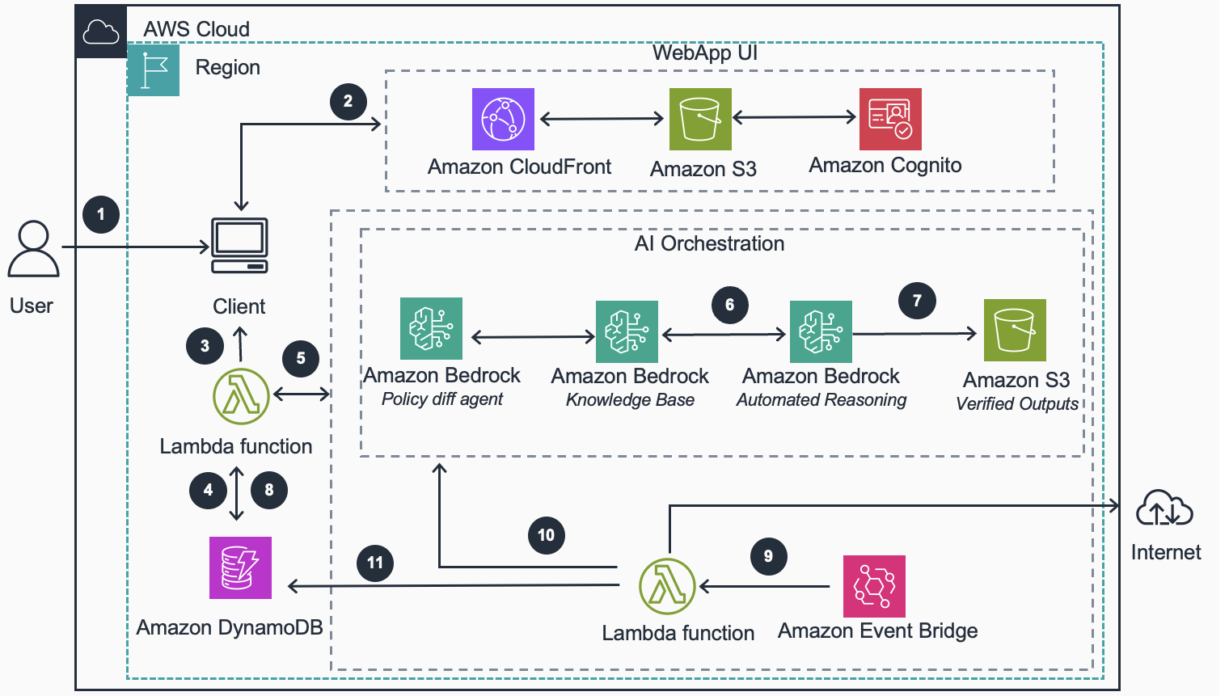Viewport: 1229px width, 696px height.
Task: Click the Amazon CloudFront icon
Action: (503, 119)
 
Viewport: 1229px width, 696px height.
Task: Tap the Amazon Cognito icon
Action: (890, 119)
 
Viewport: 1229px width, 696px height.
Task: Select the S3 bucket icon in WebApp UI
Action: (700, 119)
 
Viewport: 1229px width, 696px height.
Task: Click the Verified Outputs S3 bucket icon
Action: (1015, 330)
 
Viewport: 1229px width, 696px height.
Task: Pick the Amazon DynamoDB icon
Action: (240, 567)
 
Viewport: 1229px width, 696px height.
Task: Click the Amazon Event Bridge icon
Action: (874, 586)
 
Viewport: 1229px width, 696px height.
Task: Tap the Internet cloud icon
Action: (1164, 509)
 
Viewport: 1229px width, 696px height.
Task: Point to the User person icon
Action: (33, 250)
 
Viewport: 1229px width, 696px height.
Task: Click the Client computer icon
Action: (239, 246)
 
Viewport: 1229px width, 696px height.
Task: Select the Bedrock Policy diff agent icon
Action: (431, 328)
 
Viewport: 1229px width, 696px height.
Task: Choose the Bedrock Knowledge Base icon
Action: (627, 331)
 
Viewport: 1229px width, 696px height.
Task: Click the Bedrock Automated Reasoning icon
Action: (821, 331)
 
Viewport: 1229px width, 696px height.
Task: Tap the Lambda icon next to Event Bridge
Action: (667, 586)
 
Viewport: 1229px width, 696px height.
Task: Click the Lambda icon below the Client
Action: (241, 396)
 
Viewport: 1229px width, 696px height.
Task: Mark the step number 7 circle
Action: (917, 301)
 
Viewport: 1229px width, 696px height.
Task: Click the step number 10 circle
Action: (546, 535)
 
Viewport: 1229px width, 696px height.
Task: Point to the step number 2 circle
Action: (348, 101)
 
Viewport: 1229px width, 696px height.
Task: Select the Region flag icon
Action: (154, 70)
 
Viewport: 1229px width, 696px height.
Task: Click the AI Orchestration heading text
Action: (709, 243)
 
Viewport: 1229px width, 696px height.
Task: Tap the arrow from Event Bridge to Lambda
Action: (764, 586)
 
